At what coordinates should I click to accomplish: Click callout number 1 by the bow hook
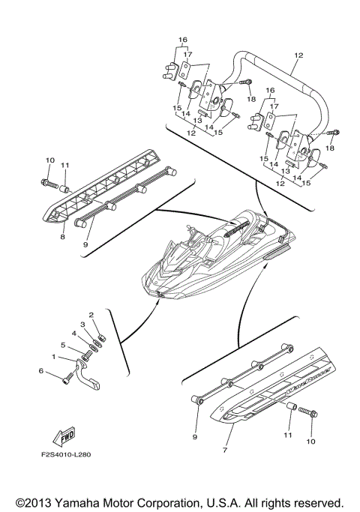point(53,358)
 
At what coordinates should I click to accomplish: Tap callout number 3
point(83,324)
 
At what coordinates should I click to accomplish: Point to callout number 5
point(64,346)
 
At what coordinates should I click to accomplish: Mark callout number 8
point(63,237)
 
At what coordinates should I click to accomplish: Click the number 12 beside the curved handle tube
point(298,56)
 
